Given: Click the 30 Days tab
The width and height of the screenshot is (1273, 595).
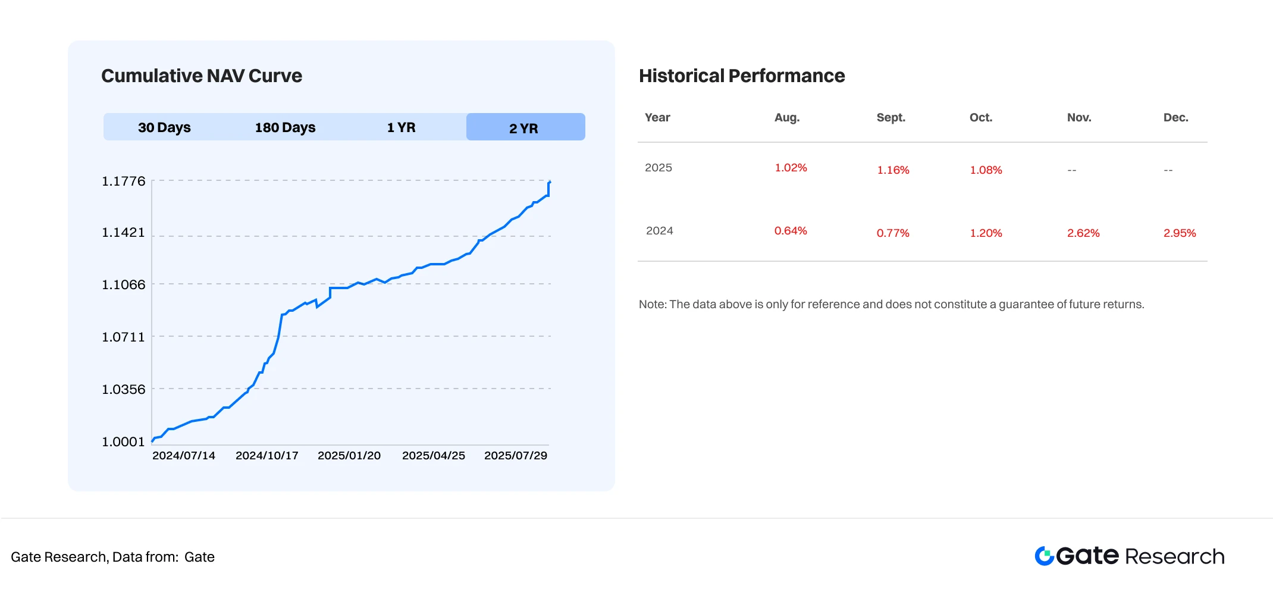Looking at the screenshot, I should point(164,127).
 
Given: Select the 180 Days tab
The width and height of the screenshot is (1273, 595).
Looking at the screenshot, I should point(285,127).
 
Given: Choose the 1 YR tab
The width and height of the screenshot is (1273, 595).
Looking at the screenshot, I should point(401,127).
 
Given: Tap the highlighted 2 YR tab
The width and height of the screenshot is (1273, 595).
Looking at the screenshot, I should point(523,128).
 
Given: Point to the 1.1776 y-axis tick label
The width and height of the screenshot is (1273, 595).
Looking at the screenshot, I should point(124,181).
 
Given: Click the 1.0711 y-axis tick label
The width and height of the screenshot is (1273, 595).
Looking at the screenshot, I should point(124,337).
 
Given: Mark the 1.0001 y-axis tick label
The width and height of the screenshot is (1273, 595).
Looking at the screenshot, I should point(124,441).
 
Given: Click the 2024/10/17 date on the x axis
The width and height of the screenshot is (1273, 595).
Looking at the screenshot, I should point(266,455).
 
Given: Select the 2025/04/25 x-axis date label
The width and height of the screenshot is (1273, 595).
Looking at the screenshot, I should point(433,455).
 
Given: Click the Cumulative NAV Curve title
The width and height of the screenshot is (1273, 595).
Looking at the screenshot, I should point(202,76).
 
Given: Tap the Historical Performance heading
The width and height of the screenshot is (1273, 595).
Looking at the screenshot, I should point(742,76).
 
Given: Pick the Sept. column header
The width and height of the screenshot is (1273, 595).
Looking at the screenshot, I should point(891,117).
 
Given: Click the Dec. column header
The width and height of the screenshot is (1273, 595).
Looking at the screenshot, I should point(1175,117).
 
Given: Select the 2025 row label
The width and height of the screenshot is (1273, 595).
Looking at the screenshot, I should point(658,167).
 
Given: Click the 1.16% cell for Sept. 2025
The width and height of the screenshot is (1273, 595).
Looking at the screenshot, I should point(893,170).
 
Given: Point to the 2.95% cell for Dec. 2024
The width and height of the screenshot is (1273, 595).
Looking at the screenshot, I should point(1180,233).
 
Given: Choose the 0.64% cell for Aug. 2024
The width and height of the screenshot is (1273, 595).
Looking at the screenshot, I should point(791,230).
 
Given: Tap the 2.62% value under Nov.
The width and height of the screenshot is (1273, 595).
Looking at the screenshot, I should point(1083,233).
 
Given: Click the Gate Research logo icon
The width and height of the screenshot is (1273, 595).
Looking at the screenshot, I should point(1045,556).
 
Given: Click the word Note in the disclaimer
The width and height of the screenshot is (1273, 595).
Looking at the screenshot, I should point(651,304).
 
